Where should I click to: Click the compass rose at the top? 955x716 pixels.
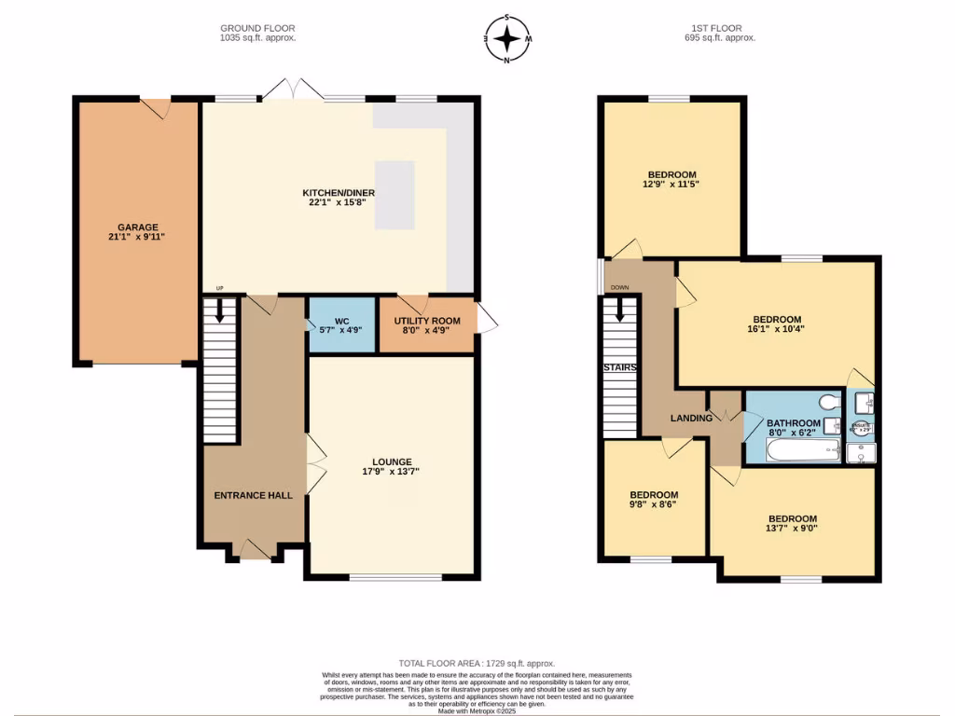coord(507,39)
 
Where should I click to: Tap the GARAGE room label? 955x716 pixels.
coord(137,227)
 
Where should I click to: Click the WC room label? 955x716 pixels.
coord(342,321)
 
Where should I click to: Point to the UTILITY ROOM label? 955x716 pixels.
coord(427,321)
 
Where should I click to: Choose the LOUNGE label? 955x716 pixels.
coord(392,461)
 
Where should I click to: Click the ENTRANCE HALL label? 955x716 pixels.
coord(254,495)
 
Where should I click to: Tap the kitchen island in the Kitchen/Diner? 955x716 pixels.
coord(395,195)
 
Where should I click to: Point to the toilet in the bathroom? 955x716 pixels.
coord(826,402)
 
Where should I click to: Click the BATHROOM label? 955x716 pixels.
coord(795,423)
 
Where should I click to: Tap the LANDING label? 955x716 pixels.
coord(691,418)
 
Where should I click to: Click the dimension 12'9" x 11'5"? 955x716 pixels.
coord(672,185)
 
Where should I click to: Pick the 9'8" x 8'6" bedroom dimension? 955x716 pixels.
coord(654,504)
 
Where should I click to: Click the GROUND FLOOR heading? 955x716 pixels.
coord(256,29)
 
